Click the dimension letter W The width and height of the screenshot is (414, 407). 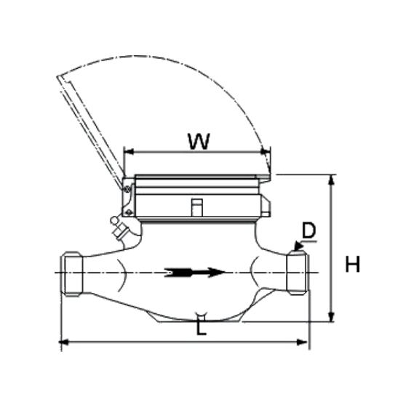199,142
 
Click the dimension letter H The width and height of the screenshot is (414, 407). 352,264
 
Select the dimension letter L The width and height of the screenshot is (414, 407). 201,326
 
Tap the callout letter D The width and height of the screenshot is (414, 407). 308,230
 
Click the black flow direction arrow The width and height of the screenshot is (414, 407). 195,273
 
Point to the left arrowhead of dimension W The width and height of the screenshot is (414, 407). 129,152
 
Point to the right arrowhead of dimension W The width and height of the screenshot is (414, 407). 266,152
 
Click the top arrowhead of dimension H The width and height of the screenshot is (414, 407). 331,180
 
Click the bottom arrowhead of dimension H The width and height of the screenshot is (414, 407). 331,317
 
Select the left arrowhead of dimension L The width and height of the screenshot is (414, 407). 63,342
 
